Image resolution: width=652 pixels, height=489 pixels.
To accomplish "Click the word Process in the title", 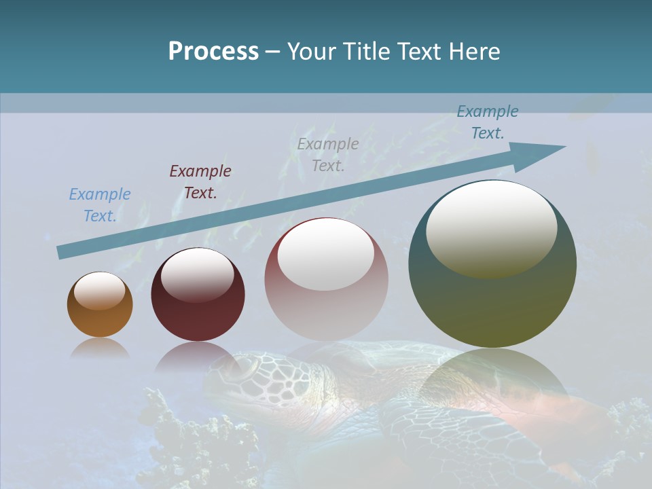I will [x=213, y=52].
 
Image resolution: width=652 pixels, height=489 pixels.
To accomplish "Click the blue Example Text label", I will [x=99, y=205].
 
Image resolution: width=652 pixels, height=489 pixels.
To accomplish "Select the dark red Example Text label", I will [x=200, y=182].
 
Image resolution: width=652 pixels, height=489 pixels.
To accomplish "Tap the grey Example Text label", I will [x=328, y=154].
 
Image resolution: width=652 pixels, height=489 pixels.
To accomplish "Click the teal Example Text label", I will [x=487, y=122].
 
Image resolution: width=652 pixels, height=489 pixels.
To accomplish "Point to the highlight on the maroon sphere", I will [x=197, y=274].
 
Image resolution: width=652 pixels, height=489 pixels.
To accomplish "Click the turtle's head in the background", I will [x=238, y=370].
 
